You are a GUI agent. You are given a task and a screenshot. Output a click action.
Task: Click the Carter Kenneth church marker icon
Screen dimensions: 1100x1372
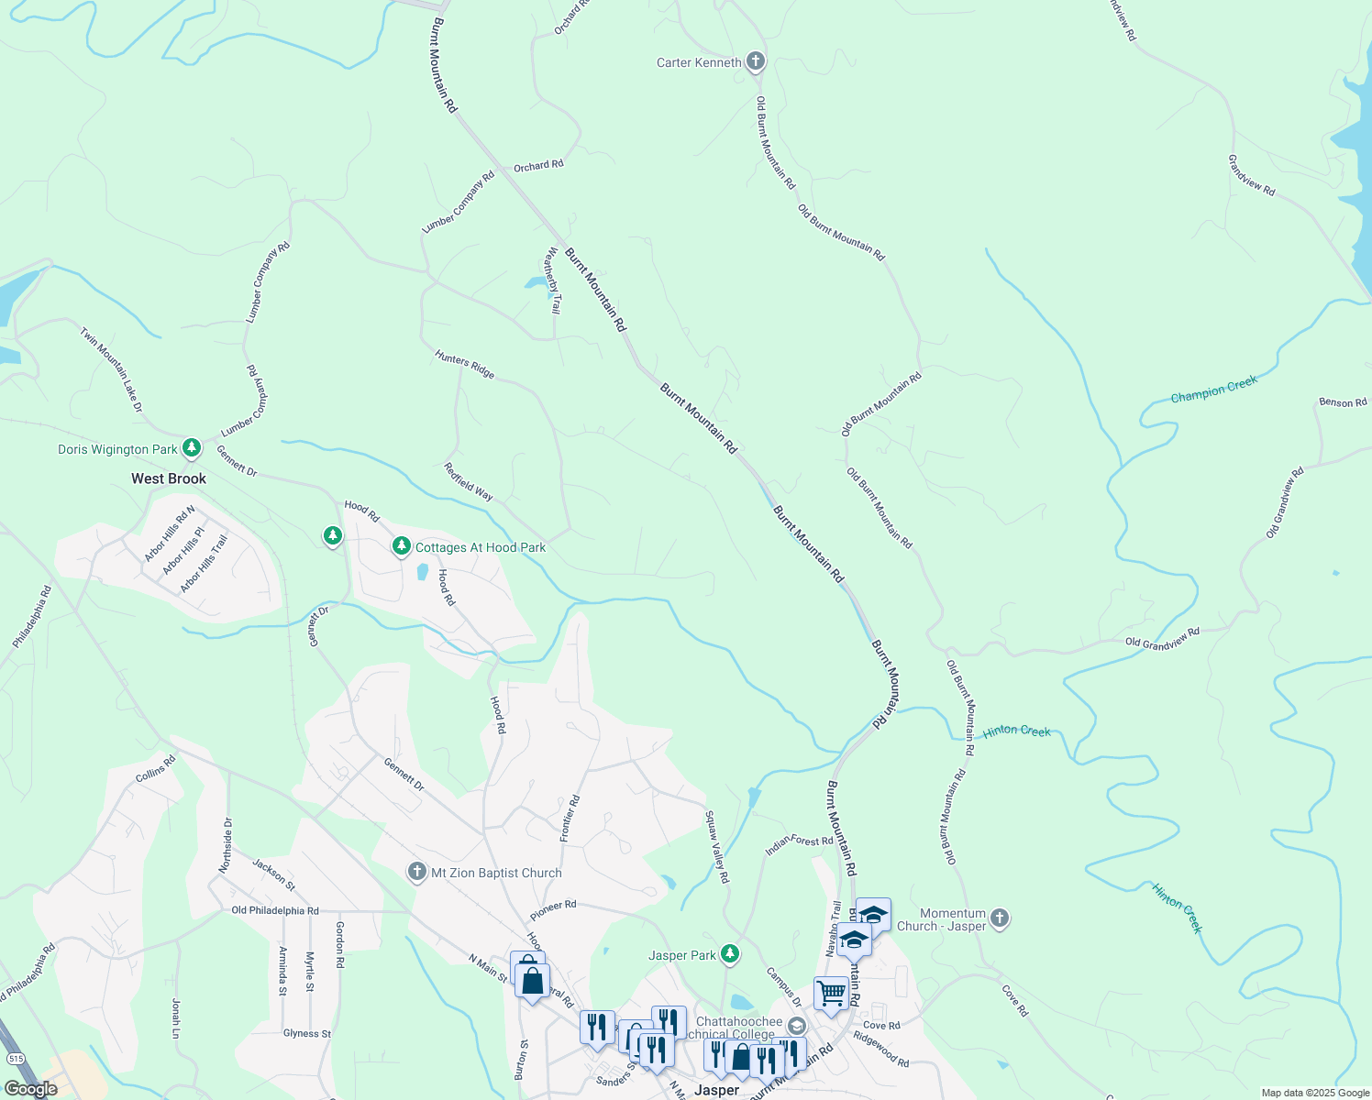coord(756,62)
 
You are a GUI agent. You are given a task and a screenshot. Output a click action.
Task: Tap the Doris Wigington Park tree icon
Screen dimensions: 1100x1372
coord(191,448)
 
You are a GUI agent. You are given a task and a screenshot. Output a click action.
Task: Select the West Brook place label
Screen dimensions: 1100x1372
coord(169,478)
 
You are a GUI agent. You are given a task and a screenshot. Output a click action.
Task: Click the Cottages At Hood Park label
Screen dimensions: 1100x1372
coord(481,547)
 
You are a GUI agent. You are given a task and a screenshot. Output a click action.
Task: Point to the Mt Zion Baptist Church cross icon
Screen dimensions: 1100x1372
coord(417,872)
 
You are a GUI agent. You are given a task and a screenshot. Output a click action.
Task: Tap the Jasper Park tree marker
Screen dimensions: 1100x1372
coord(729,954)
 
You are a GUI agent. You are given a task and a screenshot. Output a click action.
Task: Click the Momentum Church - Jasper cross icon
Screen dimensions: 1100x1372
coord(1000,918)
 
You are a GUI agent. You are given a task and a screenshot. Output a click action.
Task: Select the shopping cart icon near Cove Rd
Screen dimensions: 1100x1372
coord(831,993)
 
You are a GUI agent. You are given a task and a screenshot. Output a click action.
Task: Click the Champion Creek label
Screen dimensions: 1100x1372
coord(1213,390)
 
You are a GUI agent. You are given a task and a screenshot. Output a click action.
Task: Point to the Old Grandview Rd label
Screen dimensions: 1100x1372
coord(1162,637)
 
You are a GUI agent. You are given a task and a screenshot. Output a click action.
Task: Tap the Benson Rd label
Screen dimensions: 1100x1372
coord(1343,402)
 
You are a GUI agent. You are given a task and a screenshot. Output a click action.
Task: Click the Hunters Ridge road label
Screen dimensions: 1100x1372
coord(465,364)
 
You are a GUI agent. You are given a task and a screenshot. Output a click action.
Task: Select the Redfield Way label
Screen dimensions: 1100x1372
coord(469,481)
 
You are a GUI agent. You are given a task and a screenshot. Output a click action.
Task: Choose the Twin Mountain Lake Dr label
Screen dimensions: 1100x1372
coord(111,369)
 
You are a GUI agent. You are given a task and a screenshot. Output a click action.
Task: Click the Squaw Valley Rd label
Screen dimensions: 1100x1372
coord(717,846)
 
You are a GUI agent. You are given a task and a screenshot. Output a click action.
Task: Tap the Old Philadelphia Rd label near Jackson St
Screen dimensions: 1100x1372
coord(275,910)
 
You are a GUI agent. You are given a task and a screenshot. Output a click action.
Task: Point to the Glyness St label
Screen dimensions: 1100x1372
coord(307,1033)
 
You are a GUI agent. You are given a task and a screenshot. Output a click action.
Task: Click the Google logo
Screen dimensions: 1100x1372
coord(30,1089)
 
